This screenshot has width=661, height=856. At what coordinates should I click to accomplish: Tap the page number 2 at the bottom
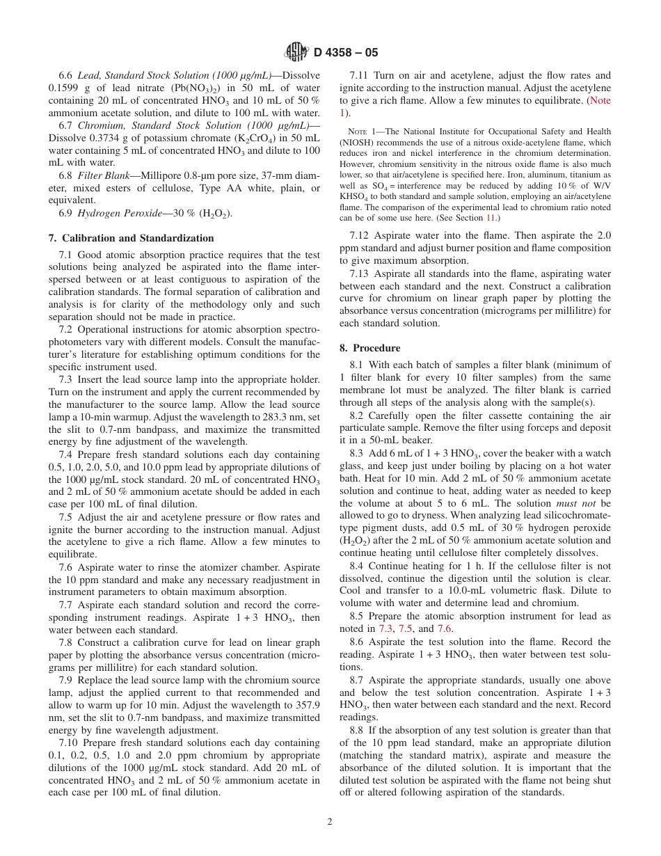pyautogui.click(x=330, y=821)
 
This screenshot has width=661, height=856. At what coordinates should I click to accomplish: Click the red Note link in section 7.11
pyautogui.click(x=600, y=100)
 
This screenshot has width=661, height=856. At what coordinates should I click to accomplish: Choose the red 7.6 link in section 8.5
pyautogui.click(x=445, y=628)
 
